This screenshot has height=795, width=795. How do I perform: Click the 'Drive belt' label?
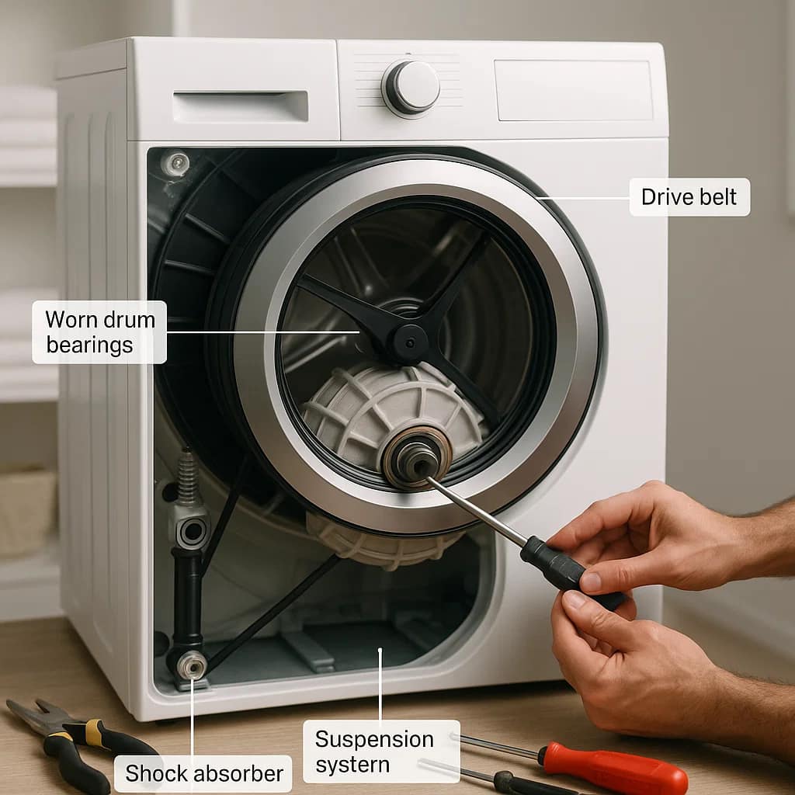[x=689, y=197]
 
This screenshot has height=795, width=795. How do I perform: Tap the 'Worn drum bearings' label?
[x=99, y=332]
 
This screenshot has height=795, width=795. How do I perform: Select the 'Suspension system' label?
[x=374, y=751]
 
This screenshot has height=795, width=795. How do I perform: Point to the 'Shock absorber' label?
[x=203, y=773]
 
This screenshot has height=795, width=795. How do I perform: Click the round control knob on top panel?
[x=411, y=86]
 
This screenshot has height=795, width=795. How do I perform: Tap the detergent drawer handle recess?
[x=241, y=106]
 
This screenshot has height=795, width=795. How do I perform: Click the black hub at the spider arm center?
[x=408, y=341]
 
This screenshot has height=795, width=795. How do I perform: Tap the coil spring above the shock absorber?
[x=187, y=477]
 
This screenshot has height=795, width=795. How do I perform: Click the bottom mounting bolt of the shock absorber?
[x=190, y=666]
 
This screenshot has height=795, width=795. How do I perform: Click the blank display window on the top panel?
[x=573, y=90]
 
